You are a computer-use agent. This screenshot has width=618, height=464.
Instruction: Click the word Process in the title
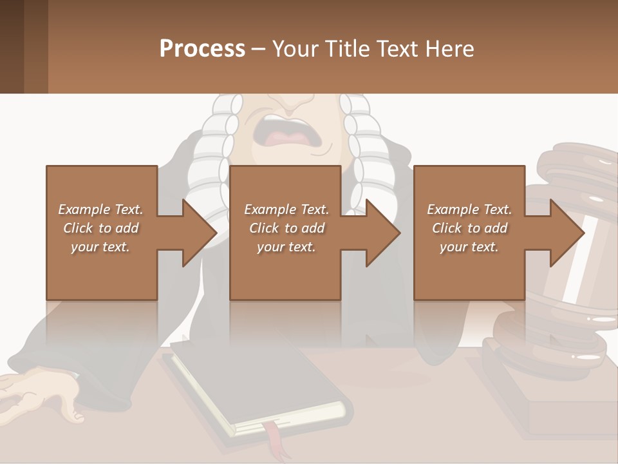click(x=202, y=49)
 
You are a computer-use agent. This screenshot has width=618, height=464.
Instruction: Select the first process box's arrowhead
click(x=199, y=233)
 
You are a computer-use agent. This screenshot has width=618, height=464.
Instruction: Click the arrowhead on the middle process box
click(x=382, y=233)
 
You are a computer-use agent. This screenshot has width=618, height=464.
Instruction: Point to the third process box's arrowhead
click(x=566, y=233)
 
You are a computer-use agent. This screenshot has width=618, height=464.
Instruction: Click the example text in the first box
click(x=100, y=228)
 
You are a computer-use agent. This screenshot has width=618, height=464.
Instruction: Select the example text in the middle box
click(x=286, y=228)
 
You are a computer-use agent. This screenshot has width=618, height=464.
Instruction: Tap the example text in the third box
click(x=469, y=228)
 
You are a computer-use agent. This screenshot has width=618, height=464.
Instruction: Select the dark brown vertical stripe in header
click(x=12, y=46)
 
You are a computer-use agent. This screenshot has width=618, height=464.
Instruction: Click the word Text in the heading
click(x=395, y=49)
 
